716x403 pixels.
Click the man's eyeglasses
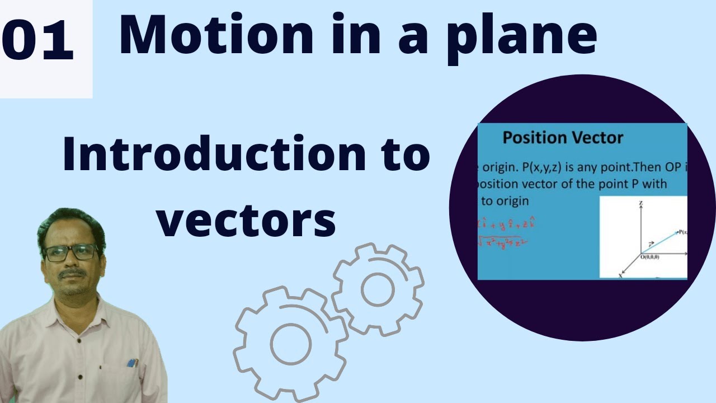click(x=71, y=252)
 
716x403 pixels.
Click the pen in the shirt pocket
click(x=133, y=363)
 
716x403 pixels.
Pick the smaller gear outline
click(x=378, y=289)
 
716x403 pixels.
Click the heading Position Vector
click(x=563, y=138)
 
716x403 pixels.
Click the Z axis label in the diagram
click(x=639, y=204)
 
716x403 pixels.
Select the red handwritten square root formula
click(x=502, y=243)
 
